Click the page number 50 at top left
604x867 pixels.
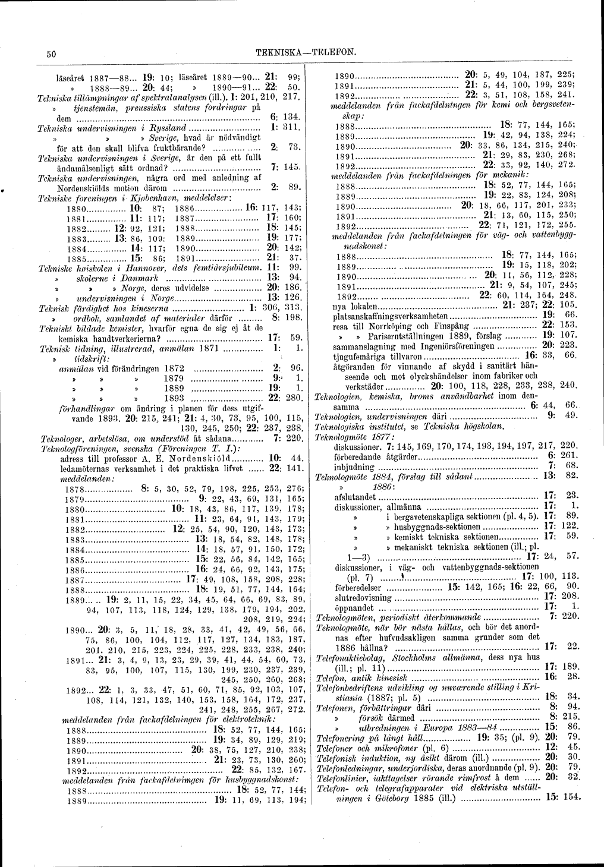(51, 53)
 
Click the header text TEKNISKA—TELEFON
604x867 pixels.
(305, 53)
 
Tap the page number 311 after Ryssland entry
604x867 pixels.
(291, 128)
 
